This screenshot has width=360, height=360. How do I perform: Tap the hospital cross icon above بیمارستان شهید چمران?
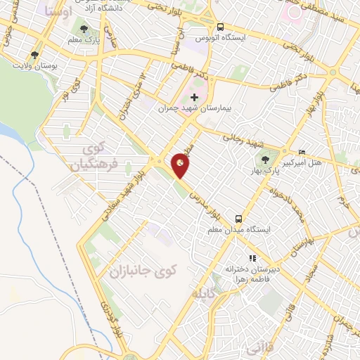coord(195,96)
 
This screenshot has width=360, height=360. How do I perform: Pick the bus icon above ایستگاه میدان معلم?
coord(239,218)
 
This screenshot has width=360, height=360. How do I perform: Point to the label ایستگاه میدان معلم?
coord(240,230)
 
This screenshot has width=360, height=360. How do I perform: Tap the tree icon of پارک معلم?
coord(84,30)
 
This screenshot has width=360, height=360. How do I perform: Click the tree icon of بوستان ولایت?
coord(35,55)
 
